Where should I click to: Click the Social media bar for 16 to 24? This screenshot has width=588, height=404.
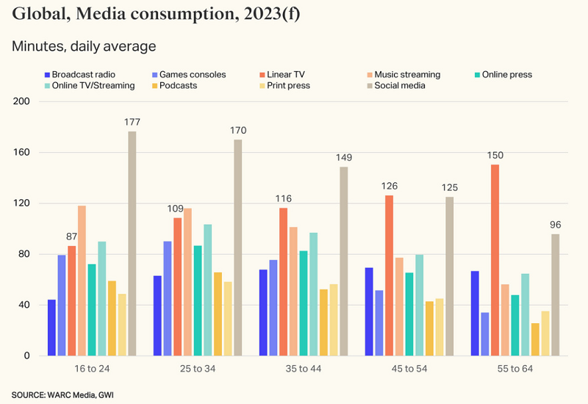[x=132, y=243]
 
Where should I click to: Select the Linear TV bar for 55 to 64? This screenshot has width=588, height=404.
[x=495, y=260]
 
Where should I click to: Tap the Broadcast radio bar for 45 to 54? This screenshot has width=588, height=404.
[x=369, y=311]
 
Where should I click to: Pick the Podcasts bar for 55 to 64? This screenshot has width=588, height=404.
[x=535, y=339]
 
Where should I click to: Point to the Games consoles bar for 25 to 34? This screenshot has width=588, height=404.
[x=168, y=298]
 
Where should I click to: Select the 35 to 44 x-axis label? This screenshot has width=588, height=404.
[x=303, y=368]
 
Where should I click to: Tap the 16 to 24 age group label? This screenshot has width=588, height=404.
[x=92, y=368]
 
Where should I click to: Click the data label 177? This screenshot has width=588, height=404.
[x=132, y=122]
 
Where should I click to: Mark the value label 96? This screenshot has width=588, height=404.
[x=556, y=225]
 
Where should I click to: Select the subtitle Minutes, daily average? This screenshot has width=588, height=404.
[x=84, y=46]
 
